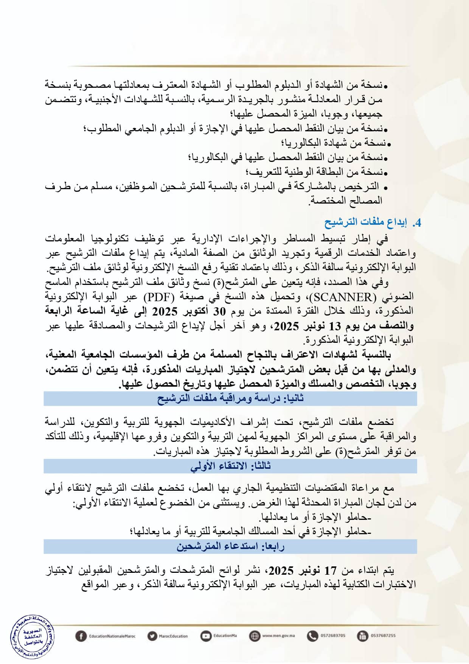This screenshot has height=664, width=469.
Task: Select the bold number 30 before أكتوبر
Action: pyautogui.click(x=219, y=311)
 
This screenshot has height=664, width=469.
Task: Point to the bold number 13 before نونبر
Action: pyautogui.click(x=335, y=326)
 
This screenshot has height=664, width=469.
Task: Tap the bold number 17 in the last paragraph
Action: pyautogui.click(x=330, y=570)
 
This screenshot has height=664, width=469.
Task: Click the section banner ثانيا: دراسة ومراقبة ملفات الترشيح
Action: pyautogui.click(x=230, y=398)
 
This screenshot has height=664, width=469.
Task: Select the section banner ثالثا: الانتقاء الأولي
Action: pyautogui.click(x=230, y=466)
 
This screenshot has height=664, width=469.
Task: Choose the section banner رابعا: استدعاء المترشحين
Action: pyautogui.click(x=230, y=546)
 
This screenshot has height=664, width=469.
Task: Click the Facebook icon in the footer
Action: pyautogui.click(x=81, y=636)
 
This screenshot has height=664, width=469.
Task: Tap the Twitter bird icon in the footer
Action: pyautogui.click(x=152, y=636)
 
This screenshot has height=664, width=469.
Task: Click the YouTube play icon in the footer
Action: pyautogui.click(x=206, y=636)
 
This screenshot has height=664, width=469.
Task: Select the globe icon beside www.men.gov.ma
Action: pyautogui.click(x=255, y=636)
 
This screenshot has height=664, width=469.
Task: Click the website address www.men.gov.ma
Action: pyautogui.click(x=278, y=636)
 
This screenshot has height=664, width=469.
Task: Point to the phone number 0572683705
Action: pyautogui.click(x=333, y=636)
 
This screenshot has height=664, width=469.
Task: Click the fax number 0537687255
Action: pyautogui.click(x=383, y=636)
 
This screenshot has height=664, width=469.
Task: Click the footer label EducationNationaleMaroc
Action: pyautogui.click(x=112, y=636)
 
